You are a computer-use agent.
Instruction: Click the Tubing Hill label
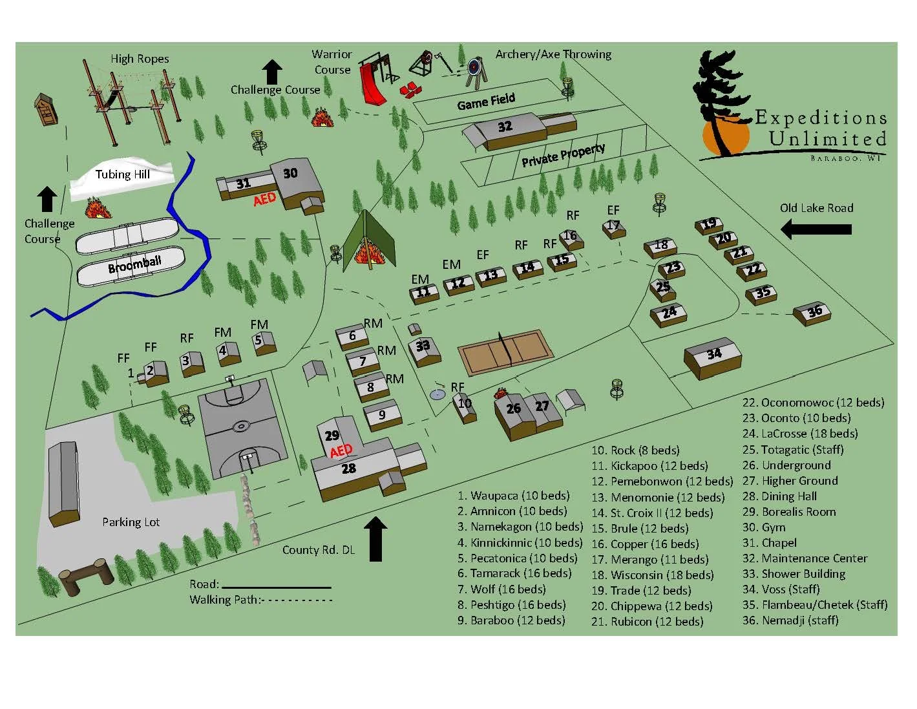[122, 175]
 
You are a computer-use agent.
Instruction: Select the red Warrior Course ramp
[373, 84]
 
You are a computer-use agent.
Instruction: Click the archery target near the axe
[475, 68]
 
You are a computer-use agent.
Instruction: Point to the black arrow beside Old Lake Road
[816, 229]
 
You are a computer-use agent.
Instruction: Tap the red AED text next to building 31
[264, 200]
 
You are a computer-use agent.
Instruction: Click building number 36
[814, 312]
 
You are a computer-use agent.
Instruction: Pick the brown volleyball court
[506, 351]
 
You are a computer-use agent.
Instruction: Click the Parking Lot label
[131, 522]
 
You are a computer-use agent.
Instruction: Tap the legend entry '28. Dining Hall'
[779, 496]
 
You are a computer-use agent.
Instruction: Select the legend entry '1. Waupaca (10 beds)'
[513, 496]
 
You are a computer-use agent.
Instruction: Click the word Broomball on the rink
[134, 264]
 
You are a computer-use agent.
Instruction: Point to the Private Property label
[563, 154]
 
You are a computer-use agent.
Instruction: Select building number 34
[713, 355]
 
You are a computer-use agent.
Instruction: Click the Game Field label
[486, 101]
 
